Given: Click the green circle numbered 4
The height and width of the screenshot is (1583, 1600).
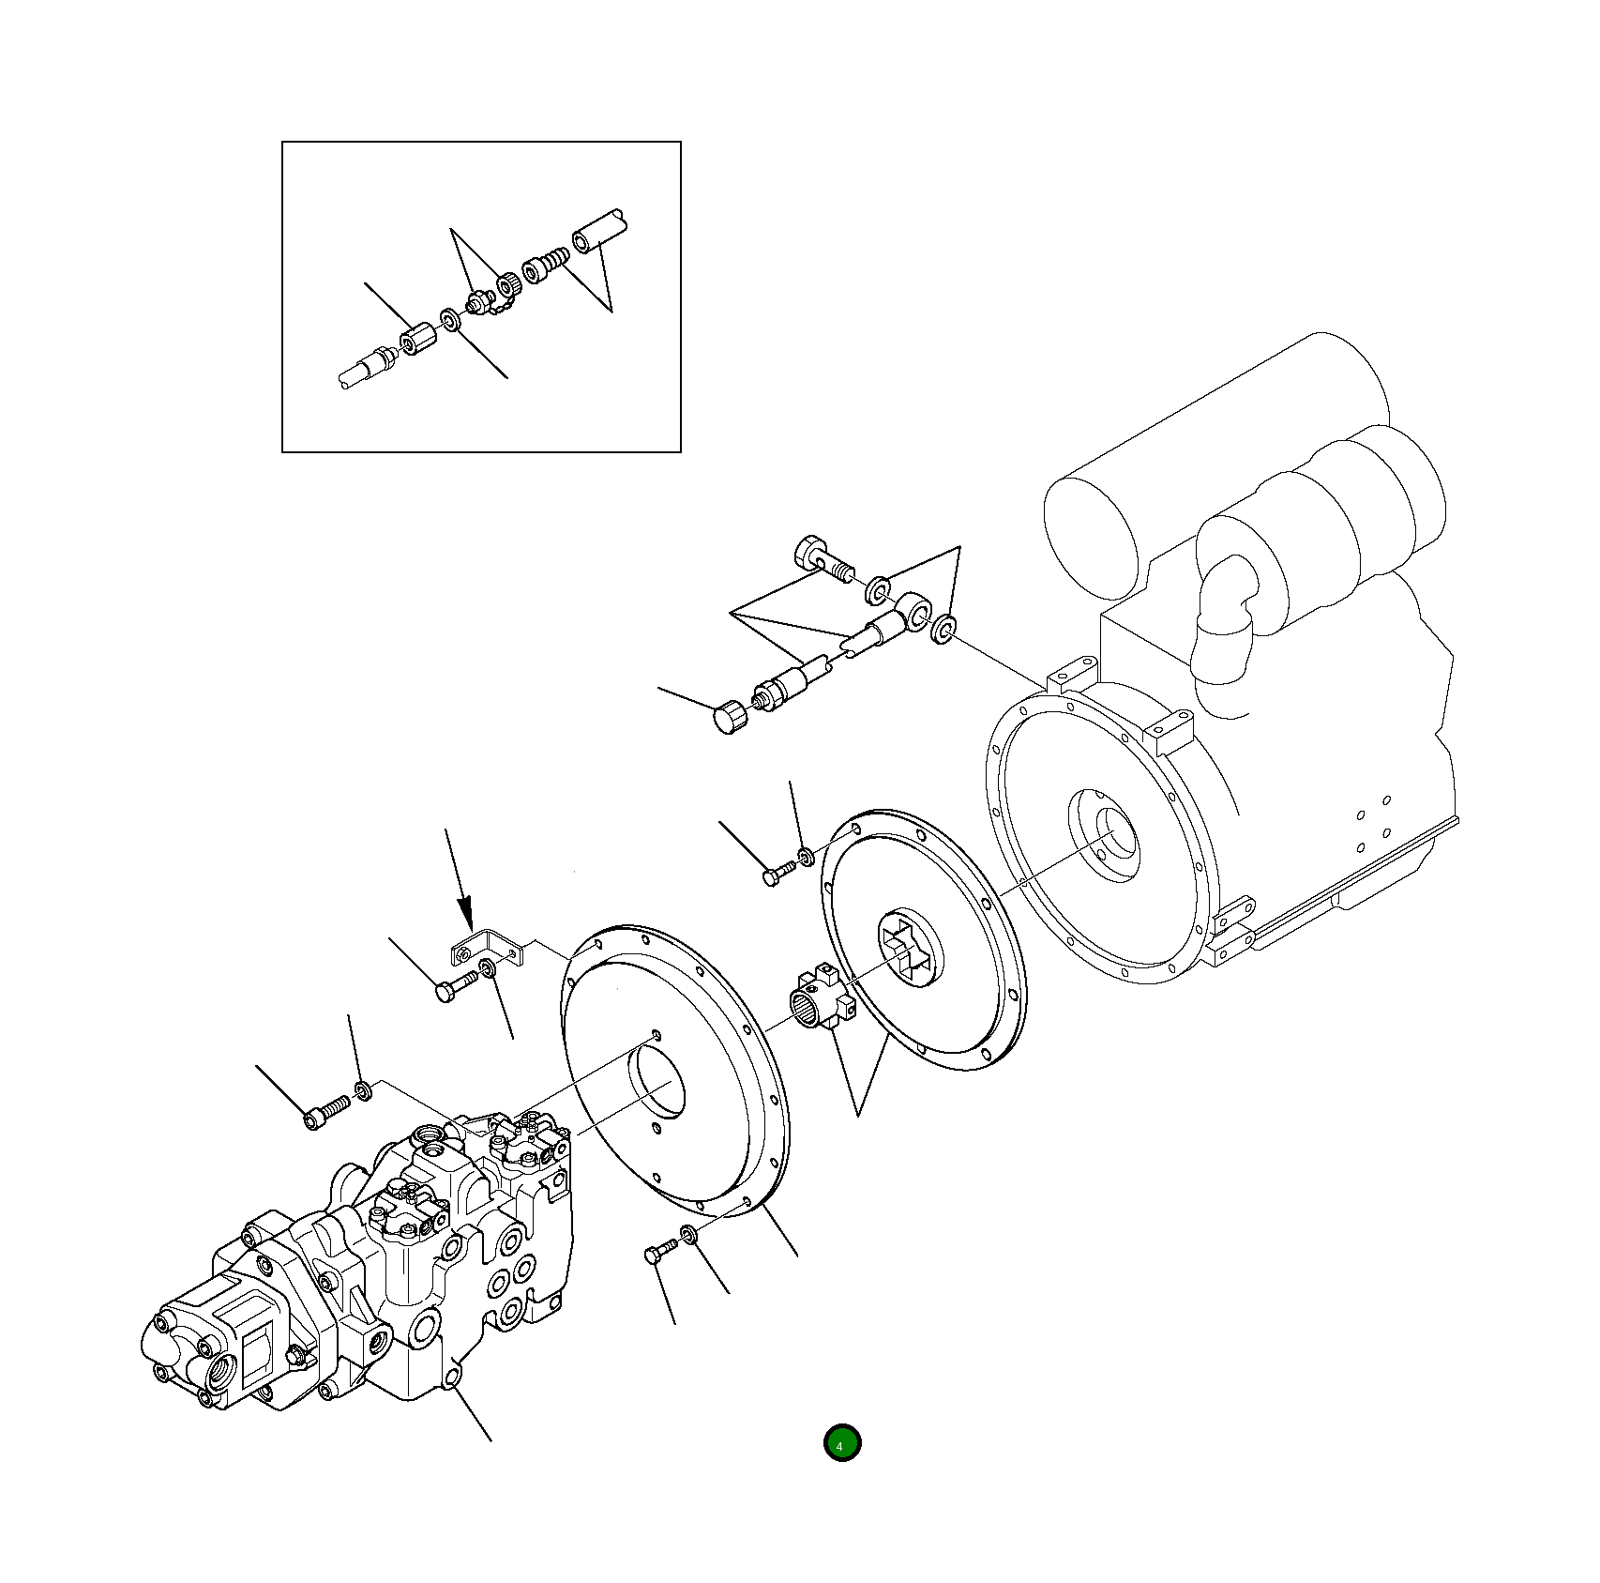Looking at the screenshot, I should (841, 1443).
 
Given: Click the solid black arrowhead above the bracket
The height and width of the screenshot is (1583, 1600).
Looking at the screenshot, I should (465, 911).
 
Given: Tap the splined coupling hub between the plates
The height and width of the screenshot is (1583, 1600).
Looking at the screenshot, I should (816, 1002).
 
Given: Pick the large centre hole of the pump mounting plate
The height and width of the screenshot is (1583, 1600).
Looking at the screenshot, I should (656, 1081).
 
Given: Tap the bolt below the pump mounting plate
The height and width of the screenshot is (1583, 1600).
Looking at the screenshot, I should (659, 1251).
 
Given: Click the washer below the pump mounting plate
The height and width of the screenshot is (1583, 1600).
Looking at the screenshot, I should (688, 1236).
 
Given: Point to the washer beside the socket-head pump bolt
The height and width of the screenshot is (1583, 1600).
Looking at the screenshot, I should (363, 1090).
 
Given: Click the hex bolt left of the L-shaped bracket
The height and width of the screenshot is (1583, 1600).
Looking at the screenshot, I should (455, 986).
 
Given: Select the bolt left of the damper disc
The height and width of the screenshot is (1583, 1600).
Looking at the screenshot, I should (777, 874).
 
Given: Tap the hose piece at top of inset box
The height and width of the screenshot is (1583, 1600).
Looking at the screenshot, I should (598, 232).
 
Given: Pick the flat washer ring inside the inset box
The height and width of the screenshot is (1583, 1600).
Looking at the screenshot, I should (450, 320).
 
